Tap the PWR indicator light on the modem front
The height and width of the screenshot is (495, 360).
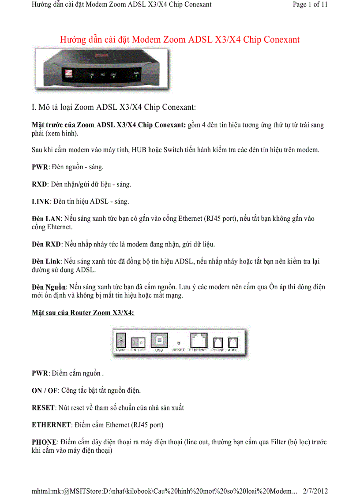click(136, 75)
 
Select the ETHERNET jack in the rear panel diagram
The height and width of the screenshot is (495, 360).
click(199, 341)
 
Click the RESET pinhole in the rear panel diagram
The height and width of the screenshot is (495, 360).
click(179, 342)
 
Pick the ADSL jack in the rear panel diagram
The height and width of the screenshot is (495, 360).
click(233, 342)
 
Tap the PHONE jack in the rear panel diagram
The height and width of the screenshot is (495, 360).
click(218, 342)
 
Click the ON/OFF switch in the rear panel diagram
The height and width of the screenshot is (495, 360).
click(138, 342)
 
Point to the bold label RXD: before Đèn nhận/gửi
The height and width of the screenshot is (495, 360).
click(40, 184)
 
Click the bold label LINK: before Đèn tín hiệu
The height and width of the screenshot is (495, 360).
click(41, 201)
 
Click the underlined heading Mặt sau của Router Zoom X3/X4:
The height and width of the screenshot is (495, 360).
click(83, 313)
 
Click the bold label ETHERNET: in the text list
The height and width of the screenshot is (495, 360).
click(52, 425)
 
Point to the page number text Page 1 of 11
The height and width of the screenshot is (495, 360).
click(310, 5)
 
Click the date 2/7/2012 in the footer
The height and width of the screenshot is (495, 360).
click(315, 491)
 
